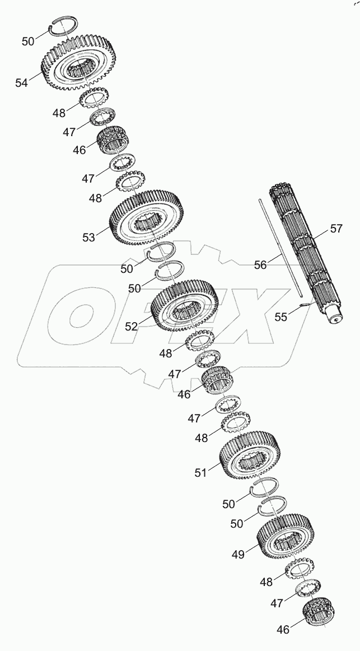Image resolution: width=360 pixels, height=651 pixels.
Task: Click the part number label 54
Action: (x=21, y=83)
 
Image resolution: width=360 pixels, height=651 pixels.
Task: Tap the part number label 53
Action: (x=88, y=237)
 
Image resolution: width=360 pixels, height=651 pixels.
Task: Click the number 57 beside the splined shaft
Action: (x=336, y=229)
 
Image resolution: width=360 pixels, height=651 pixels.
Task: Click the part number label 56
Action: (x=260, y=264)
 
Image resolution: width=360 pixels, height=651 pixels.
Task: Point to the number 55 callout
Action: (x=281, y=317)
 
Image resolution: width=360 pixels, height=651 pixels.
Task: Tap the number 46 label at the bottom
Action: (x=283, y=630)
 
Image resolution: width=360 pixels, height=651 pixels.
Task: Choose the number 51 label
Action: (x=201, y=473)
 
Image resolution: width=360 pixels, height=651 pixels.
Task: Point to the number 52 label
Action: (x=132, y=326)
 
